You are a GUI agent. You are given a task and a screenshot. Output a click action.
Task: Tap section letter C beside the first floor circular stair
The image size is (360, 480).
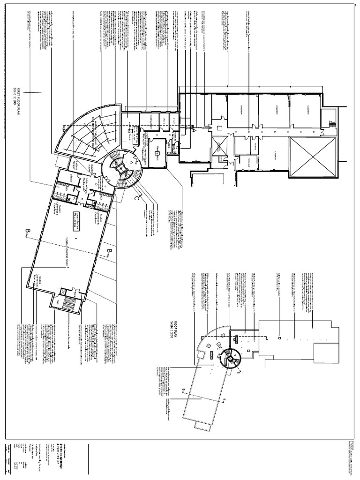(x=137, y=199)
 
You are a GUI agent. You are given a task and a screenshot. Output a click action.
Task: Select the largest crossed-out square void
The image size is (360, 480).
(x=313, y=157)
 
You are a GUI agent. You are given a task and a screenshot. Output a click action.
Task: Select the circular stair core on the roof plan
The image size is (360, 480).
(x=229, y=359)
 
